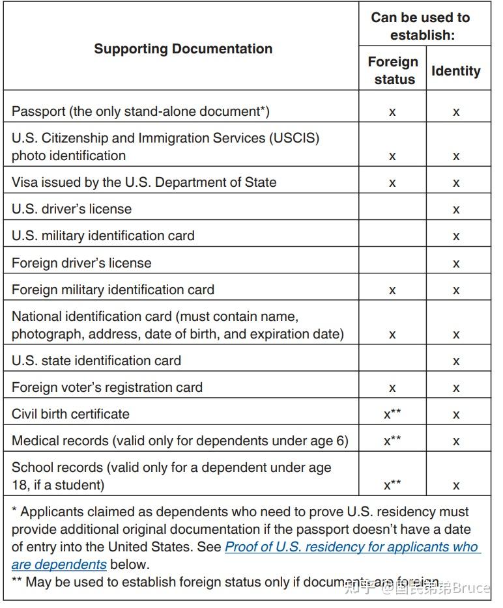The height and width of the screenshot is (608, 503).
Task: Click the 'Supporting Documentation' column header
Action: pos(183,49)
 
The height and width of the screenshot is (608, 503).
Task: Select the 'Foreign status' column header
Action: pos(393,70)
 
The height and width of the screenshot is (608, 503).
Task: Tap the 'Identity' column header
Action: pos(456,71)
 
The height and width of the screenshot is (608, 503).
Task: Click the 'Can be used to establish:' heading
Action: pos(420,26)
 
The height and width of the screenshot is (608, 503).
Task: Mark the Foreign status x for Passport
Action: pos(392,112)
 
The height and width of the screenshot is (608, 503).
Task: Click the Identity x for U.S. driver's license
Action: pos(456,210)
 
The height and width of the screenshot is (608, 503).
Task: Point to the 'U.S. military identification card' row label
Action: pos(103,236)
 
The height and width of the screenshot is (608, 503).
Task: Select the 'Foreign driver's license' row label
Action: pos(81,263)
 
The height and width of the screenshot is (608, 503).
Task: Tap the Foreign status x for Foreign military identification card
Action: pos(392,290)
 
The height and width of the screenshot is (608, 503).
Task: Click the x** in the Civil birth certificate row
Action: pos(392,414)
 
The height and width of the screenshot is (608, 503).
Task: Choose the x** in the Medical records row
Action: pos(392,441)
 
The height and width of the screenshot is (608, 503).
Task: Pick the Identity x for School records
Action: pos(456,485)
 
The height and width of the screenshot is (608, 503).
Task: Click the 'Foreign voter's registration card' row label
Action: pos(107,387)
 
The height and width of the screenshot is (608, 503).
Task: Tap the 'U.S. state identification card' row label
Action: pos(96,361)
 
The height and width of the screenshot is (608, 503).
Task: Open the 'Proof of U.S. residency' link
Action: pos(351,547)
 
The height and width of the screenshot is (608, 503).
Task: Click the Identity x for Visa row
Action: pos(456,183)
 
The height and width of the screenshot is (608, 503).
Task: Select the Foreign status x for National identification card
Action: pos(392,335)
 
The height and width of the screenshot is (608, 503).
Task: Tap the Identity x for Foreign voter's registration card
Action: pos(456,388)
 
